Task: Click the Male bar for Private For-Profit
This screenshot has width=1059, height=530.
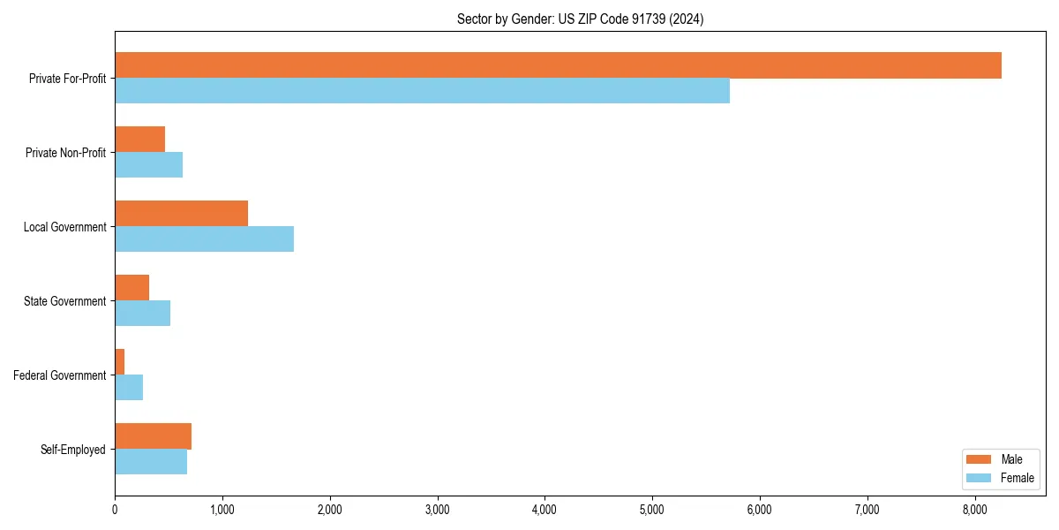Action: point(558,65)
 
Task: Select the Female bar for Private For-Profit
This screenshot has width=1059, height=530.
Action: point(422,91)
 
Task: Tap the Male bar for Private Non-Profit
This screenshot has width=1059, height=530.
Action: point(139,140)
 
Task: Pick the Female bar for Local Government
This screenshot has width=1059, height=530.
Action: point(204,239)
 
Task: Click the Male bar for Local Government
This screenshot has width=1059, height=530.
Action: point(181,214)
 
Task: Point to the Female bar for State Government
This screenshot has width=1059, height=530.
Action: point(142,314)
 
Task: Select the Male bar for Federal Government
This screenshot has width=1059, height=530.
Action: point(120,362)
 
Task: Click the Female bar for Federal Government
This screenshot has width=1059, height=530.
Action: point(129,388)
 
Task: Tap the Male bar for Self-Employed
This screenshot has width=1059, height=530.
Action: point(153,436)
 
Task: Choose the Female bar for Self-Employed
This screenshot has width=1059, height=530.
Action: point(151,462)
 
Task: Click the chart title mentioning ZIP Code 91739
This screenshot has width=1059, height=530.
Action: point(580,19)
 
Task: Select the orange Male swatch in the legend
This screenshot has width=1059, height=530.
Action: point(980,459)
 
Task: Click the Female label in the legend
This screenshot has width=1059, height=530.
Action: point(1017,478)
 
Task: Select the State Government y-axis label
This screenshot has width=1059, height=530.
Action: point(64,301)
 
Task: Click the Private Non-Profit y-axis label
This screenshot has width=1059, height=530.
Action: point(65,153)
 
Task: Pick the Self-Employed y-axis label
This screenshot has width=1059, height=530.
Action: point(72,450)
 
